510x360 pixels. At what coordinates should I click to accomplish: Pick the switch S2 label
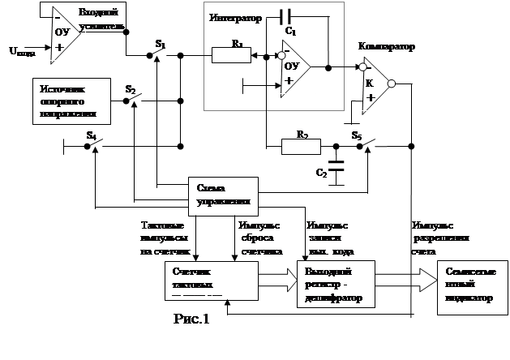(131, 86)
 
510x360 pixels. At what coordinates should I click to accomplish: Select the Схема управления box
(223, 195)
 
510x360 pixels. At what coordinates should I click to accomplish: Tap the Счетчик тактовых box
(200, 281)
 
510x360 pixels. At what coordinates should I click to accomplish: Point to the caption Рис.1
(191, 319)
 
